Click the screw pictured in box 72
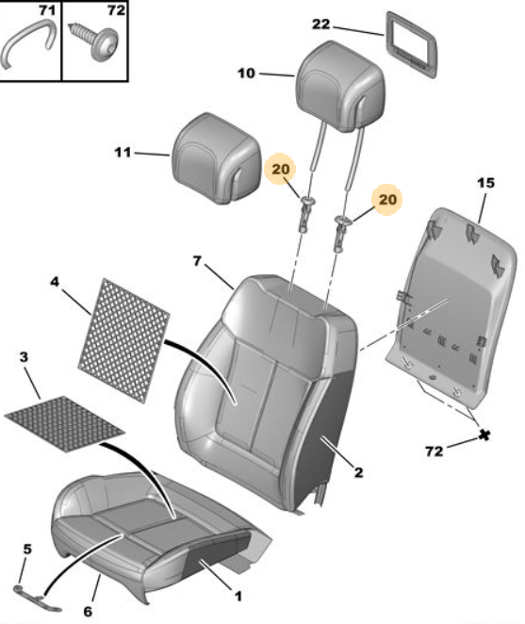tap(95, 41)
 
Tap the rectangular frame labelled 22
tap(412, 43)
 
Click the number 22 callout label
tap(320, 25)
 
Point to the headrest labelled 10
tap(340, 87)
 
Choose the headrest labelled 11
tap(217, 158)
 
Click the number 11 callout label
tap(123, 153)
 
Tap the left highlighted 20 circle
tap(280, 169)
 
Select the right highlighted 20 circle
tap(387, 199)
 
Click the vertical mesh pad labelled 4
tap(123, 340)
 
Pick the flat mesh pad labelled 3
tap(64, 423)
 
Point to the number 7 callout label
tap(197, 261)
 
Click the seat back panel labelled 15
tap(451, 308)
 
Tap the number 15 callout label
tap(485, 183)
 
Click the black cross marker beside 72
tap(484, 435)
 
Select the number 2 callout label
tap(358, 472)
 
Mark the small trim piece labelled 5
tap(38, 599)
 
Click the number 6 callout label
tap(88, 611)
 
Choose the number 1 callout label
tap(238, 596)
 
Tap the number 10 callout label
tap(246, 74)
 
